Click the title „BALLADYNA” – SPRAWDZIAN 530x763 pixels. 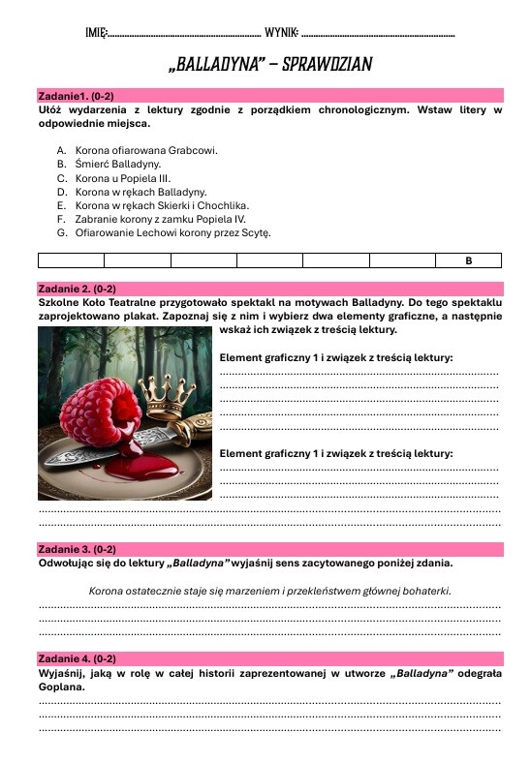click(x=269, y=65)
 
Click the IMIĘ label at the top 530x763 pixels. click(x=96, y=33)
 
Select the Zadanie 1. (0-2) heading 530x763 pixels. click(x=77, y=96)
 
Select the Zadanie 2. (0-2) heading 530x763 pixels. click(x=78, y=289)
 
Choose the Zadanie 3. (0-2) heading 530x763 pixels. click(x=78, y=549)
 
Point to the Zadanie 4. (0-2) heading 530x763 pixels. click(x=78, y=658)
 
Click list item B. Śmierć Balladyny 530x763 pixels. click(x=117, y=164)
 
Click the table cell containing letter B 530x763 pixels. click(x=468, y=259)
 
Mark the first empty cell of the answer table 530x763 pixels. click(x=71, y=259)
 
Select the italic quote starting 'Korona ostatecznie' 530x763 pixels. click(x=269, y=590)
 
